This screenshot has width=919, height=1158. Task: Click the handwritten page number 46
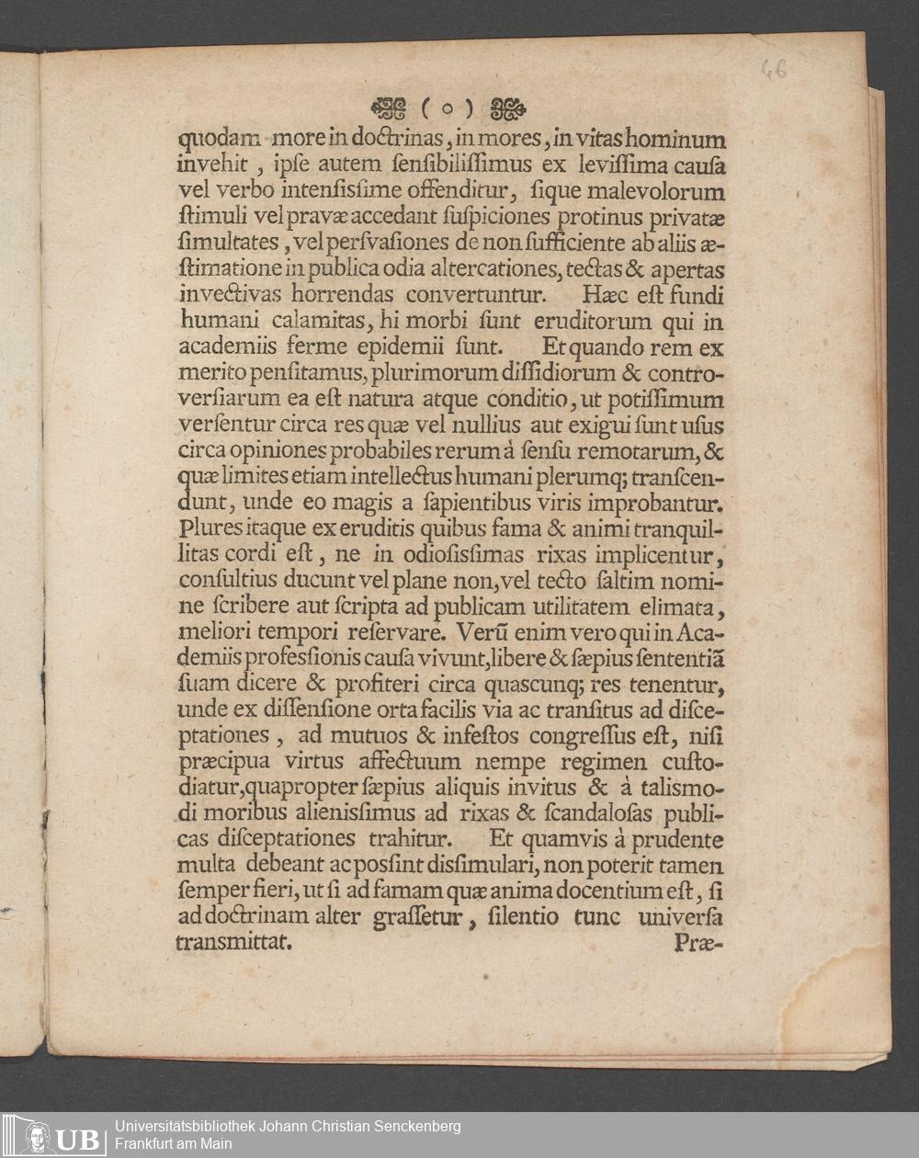point(773,69)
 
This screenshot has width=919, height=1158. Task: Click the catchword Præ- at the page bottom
point(698,942)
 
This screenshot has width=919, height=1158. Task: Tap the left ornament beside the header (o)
point(388,108)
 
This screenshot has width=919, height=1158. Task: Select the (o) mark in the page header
point(448,109)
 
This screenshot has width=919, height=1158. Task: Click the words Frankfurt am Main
point(174,1144)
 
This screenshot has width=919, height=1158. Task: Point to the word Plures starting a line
point(206,529)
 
